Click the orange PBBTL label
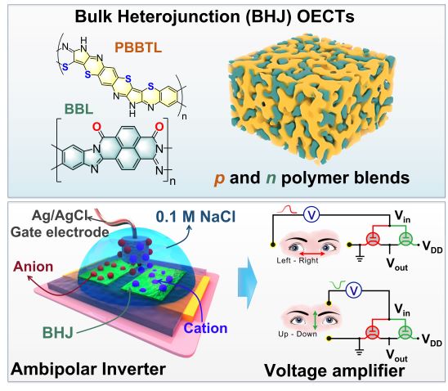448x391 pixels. pos(138,47)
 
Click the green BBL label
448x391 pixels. pos(78,109)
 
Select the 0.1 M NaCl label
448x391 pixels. pos(195,217)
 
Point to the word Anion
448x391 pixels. pos(34,267)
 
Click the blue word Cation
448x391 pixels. pos(205,328)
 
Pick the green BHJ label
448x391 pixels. pos(58,333)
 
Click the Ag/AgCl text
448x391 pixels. pos(60,215)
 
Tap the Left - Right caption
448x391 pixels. pos(297,260)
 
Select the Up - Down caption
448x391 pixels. pos(298,334)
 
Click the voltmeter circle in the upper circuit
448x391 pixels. pos(311,214)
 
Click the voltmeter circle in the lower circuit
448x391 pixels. pos(354,290)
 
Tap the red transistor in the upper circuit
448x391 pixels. pos(373,238)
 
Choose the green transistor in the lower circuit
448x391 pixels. pos(405,332)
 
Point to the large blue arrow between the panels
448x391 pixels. pos(248,282)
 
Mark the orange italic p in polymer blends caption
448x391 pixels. pos(219,178)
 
